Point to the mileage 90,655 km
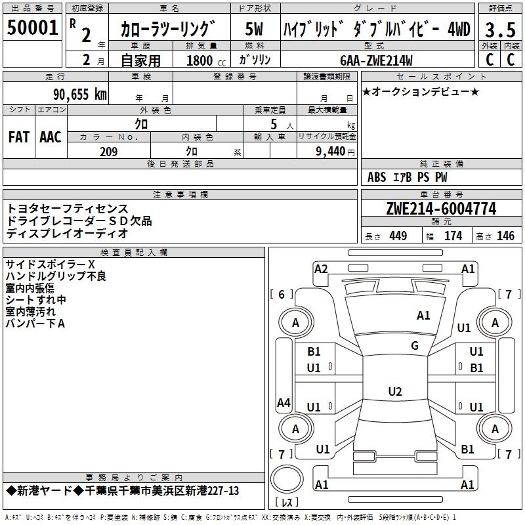point(80,94)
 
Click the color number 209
point(108,152)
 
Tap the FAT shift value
point(19,137)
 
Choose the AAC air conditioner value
point(51,137)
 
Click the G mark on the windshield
point(415,346)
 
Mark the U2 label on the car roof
point(395,392)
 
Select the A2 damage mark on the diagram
point(321,268)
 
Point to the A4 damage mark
point(283,403)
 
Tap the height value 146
point(505,236)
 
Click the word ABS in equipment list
point(377,177)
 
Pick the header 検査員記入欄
point(134,253)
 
